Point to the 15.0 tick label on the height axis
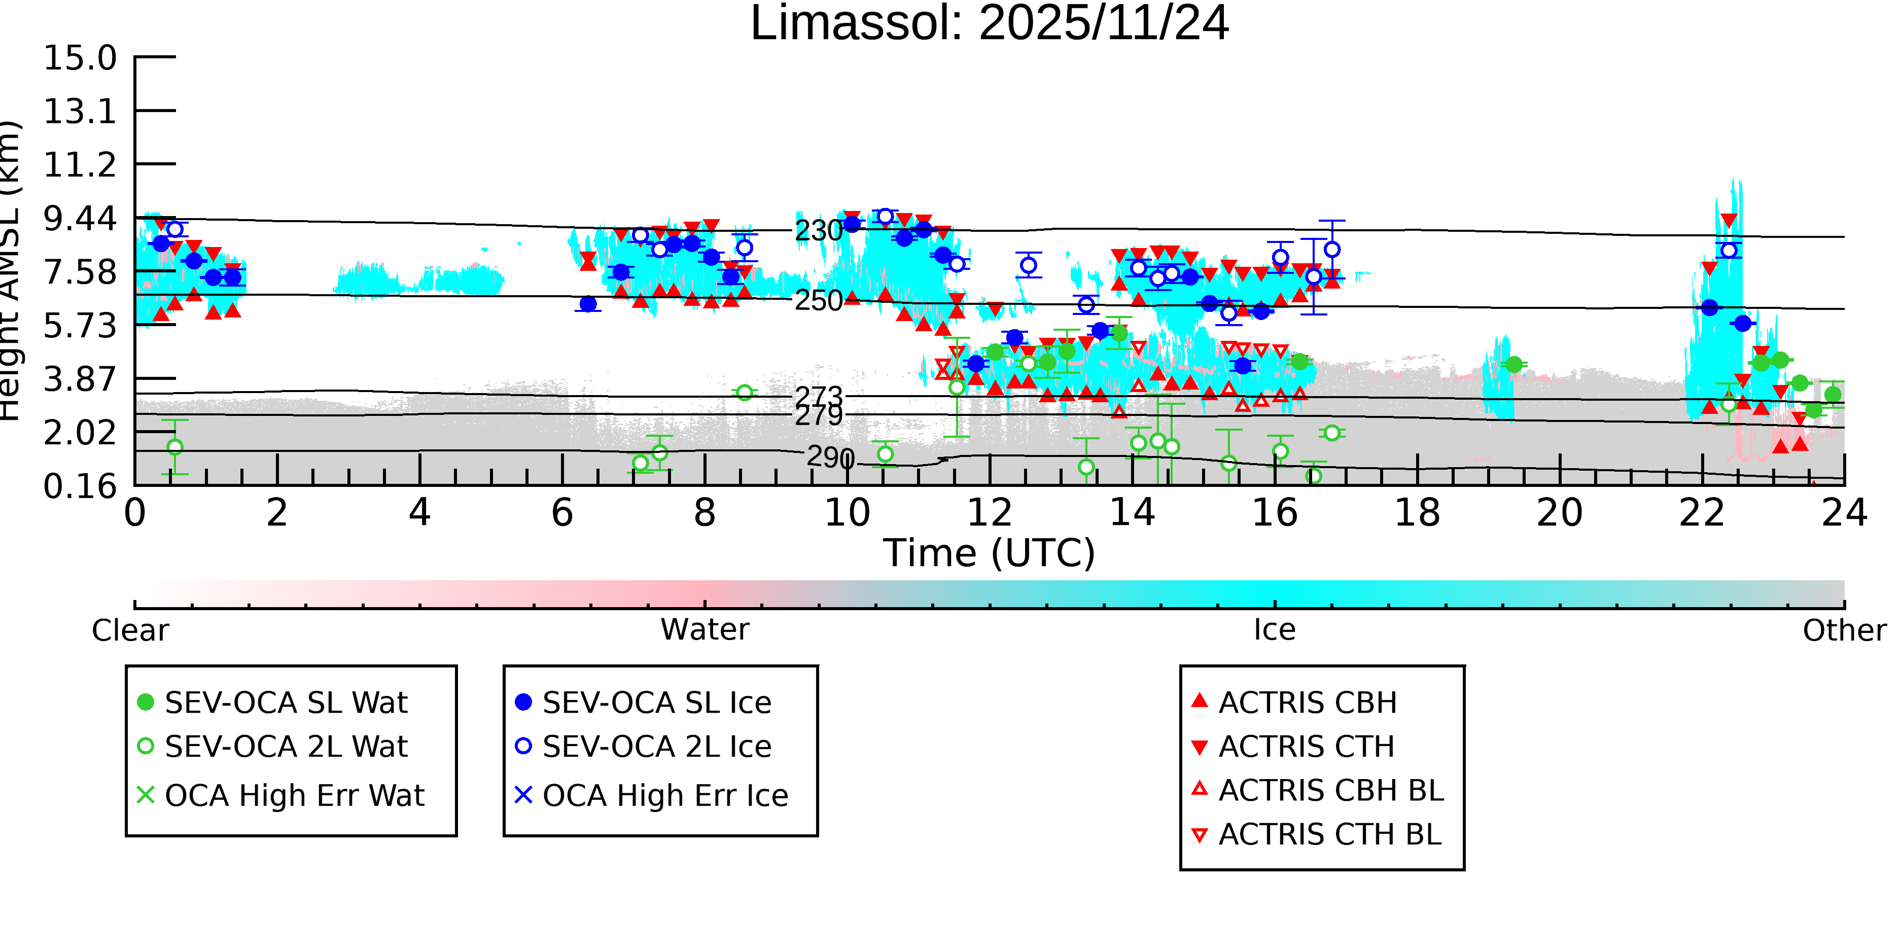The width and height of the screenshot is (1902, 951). [80, 58]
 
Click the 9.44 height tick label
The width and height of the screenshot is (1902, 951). [80, 219]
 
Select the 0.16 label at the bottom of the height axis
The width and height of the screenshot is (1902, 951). [80, 486]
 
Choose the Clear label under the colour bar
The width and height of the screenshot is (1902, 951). [130, 630]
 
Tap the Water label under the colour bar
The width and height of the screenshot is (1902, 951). [705, 630]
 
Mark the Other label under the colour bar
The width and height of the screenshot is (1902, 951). [1844, 630]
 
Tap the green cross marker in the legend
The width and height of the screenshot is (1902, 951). [146, 795]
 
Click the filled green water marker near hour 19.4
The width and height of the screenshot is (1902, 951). [1513, 365]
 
